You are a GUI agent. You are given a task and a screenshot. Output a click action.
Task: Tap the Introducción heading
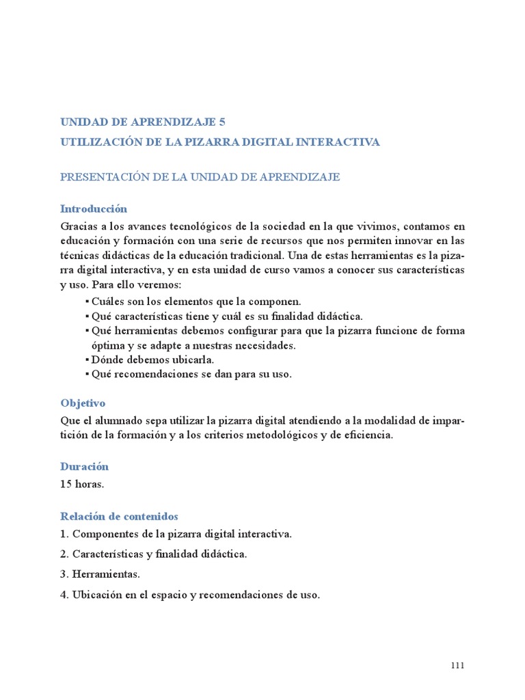coord(94,209)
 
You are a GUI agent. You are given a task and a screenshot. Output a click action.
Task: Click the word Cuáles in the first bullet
coord(108,301)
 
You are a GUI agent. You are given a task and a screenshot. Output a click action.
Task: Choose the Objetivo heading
coord(83,403)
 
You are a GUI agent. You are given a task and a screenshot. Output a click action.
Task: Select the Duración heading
coord(85,467)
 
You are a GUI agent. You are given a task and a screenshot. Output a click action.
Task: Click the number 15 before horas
coord(66,483)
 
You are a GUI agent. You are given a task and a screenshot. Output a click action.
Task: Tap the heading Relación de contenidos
coord(119,517)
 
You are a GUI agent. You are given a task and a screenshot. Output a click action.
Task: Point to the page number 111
coord(457,667)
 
